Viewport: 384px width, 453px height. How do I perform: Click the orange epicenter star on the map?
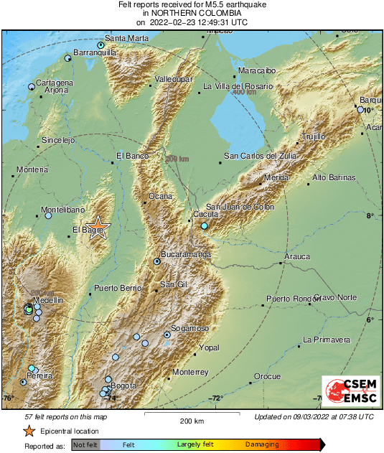[x=100, y=228]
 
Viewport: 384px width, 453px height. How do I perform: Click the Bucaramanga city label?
[x=186, y=255]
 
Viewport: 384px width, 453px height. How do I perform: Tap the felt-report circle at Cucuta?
[x=204, y=226]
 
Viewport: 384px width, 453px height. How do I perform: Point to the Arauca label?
[x=297, y=256]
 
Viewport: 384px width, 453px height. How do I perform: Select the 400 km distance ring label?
[x=244, y=92]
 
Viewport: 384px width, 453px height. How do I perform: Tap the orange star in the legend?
[x=29, y=431]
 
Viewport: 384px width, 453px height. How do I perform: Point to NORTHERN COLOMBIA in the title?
[x=192, y=13]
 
